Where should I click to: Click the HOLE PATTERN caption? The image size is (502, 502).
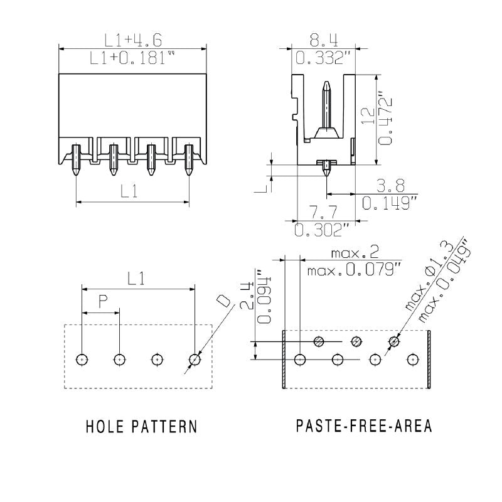point(141,427)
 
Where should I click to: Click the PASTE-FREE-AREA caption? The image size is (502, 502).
point(364,426)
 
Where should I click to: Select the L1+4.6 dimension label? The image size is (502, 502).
point(133,41)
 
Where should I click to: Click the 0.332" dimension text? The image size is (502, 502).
point(323,59)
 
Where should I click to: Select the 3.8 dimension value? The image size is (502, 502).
point(390,185)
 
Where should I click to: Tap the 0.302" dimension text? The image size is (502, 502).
point(323,230)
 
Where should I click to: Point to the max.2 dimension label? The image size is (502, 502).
point(355,254)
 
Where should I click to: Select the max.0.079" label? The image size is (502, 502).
point(355,270)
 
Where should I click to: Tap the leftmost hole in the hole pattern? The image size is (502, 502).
point(82,360)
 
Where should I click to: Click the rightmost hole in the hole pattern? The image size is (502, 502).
point(195,360)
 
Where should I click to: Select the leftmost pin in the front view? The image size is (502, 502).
point(76,159)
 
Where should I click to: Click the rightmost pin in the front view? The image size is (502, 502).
point(189,159)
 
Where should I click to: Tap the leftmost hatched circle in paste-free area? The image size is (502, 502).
point(319,341)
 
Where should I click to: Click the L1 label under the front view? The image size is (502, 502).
point(130,192)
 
